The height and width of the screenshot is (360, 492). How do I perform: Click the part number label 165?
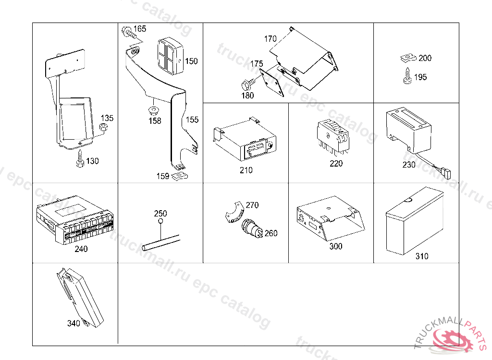pyautogui.click(x=140, y=29)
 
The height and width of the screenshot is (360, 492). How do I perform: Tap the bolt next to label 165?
pyautogui.click(x=128, y=32)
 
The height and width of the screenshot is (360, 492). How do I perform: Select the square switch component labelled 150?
pyautogui.click(x=168, y=55)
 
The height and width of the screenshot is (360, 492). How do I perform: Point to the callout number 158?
pyautogui.click(x=155, y=121)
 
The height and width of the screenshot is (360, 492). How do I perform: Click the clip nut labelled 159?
pyautogui.click(x=181, y=175)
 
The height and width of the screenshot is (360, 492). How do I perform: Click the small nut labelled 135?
pyautogui.click(x=103, y=127)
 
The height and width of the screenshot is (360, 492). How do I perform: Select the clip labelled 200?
pyautogui.click(x=406, y=59)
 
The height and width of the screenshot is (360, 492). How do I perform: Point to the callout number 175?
pyautogui.click(x=257, y=63)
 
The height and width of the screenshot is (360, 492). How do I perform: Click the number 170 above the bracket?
pyautogui.click(x=271, y=39)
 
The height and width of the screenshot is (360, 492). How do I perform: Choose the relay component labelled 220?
pyautogui.click(x=332, y=135)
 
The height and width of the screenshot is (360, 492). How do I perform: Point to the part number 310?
pyautogui.click(x=422, y=256)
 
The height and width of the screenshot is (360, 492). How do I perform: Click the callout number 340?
pyautogui.click(x=74, y=324)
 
